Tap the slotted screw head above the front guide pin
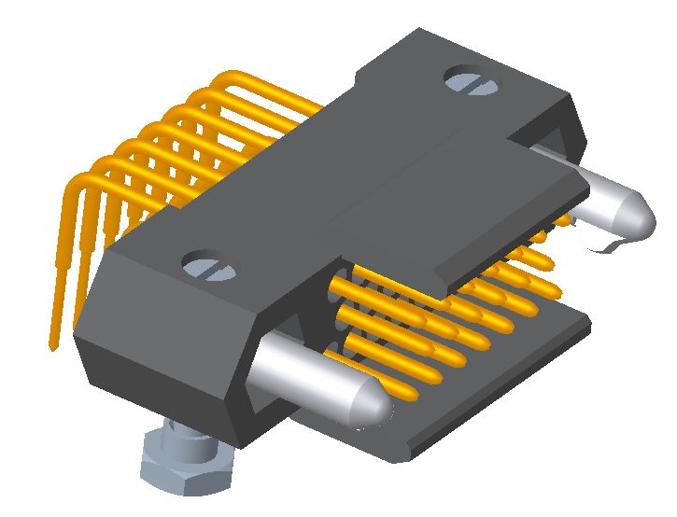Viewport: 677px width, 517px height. pyautogui.click(x=209, y=267)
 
